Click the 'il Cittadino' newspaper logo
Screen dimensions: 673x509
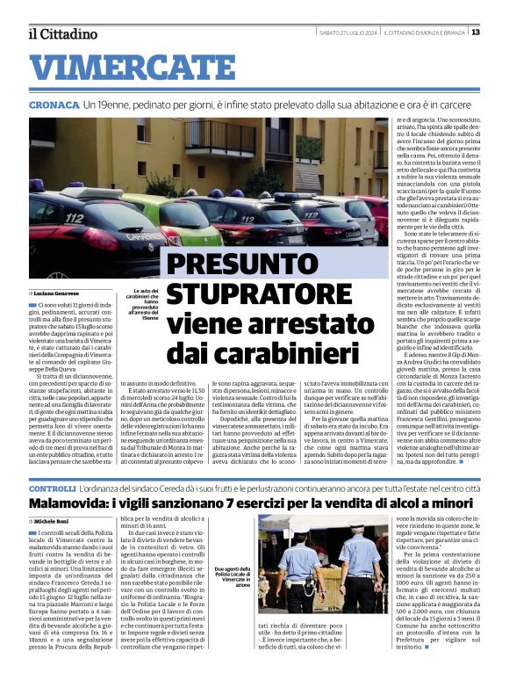pos(62,33)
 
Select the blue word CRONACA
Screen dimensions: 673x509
pos(54,105)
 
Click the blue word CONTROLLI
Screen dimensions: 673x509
pos(52,488)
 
